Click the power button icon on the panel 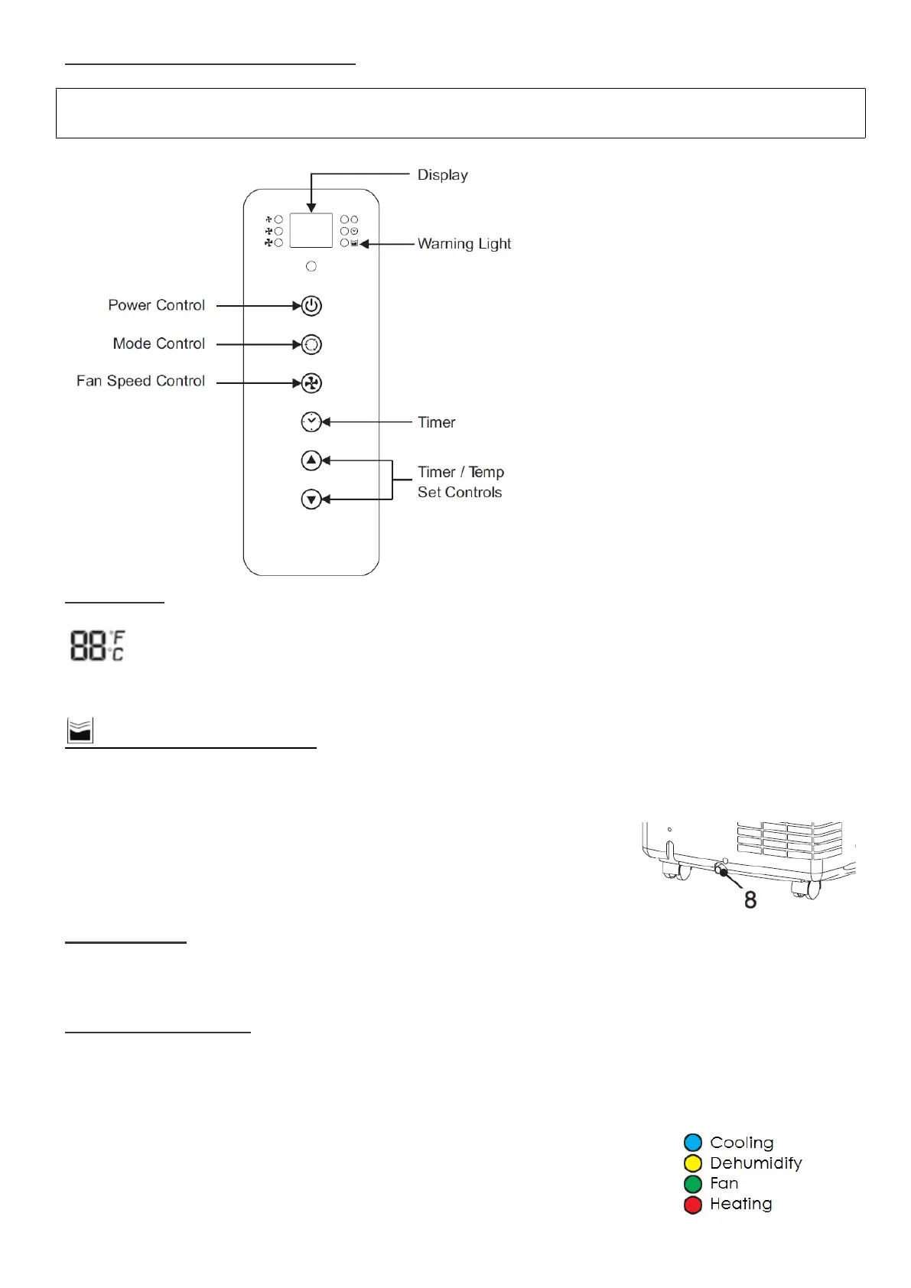click(x=311, y=306)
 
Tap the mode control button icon click(x=311, y=345)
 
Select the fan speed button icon click(x=311, y=383)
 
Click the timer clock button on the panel click(x=311, y=422)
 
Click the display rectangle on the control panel click(x=311, y=230)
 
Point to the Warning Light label click(x=464, y=244)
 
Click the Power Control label click(x=157, y=305)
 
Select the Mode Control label click(x=159, y=343)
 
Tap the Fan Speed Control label click(x=141, y=381)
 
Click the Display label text click(x=443, y=175)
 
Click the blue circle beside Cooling click(x=693, y=1143)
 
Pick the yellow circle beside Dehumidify click(x=693, y=1163)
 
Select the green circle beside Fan click(x=693, y=1184)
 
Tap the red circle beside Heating click(x=693, y=1205)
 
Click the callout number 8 click(x=750, y=900)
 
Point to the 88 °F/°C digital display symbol click(x=97, y=646)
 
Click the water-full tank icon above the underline click(x=80, y=731)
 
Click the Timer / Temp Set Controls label click(x=460, y=483)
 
